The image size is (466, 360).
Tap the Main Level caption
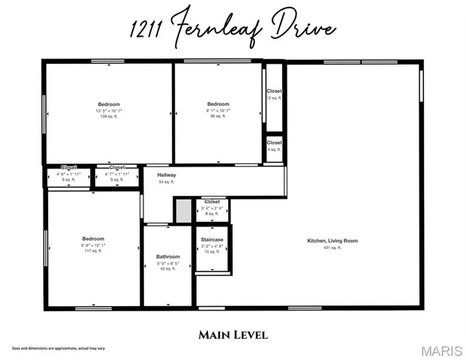(x=233, y=334)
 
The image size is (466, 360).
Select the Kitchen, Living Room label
(x=332, y=241)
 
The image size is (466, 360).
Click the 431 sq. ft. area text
(x=332, y=247)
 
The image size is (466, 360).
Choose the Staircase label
(x=212, y=240)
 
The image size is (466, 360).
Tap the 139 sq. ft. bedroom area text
(x=108, y=117)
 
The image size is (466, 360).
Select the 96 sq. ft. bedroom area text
(x=218, y=117)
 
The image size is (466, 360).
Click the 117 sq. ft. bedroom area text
(x=94, y=251)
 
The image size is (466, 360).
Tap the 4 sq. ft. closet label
(x=274, y=149)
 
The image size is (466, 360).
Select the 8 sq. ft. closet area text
(x=212, y=214)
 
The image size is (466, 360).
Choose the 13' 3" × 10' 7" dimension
(x=108, y=111)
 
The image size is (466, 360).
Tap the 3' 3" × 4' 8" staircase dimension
(x=212, y=246)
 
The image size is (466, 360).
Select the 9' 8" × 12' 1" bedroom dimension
(x=94, y=245)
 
